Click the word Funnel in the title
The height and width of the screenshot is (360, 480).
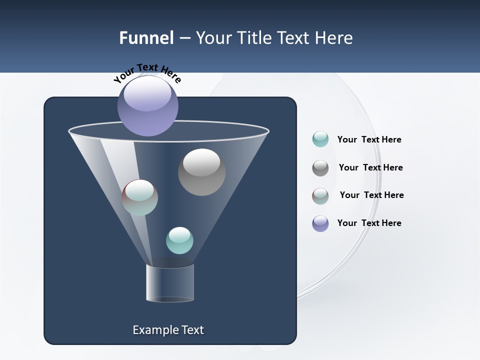tap(146, 38)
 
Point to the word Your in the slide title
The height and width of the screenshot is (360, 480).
tap(213, 38)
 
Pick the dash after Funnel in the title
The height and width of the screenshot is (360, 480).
tap(184, 38)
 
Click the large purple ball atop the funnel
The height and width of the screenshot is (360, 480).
tap(148, 105)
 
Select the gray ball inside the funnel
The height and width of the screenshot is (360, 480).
tap(201, 172)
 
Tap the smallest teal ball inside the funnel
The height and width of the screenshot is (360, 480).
tap(179, 240)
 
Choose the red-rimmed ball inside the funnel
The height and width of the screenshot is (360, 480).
tap(139, 197)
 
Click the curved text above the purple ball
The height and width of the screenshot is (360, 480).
tap(147, 73)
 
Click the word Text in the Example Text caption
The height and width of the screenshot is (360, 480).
tap(191, 330)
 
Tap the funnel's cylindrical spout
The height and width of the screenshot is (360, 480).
tap(170, 283)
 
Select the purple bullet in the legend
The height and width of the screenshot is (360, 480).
tap(320, 223)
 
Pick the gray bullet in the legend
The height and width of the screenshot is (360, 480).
tap(320, 168)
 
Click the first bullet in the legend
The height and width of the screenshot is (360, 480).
tap(320, 139)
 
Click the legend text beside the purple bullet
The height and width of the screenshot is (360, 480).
tap(369, 223)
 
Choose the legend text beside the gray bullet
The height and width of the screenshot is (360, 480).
tap(370, 167)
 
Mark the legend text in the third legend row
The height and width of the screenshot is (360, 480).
tap(371, 195)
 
